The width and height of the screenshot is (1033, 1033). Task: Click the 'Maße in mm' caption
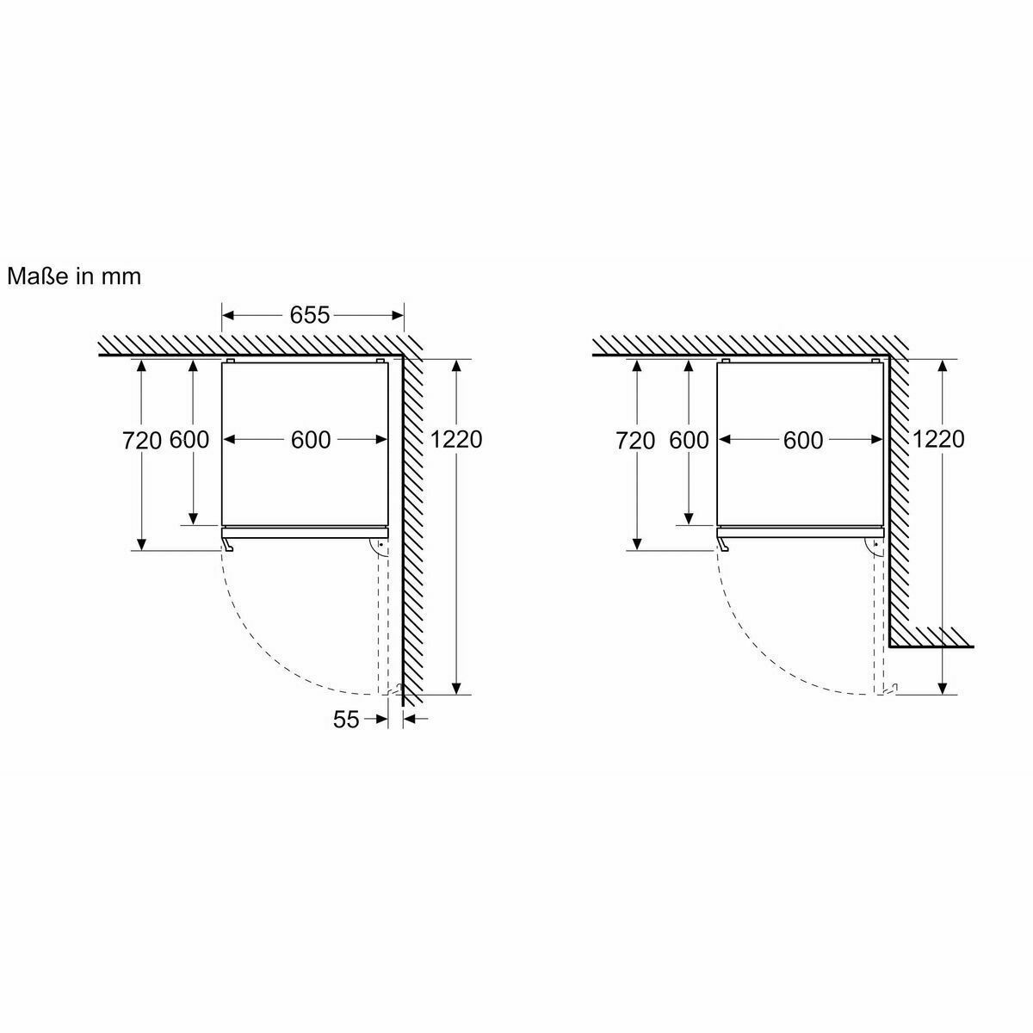click(74, 276)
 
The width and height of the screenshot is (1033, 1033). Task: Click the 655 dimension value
click(309, 315)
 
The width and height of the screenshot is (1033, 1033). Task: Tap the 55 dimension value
click(346, 720)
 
